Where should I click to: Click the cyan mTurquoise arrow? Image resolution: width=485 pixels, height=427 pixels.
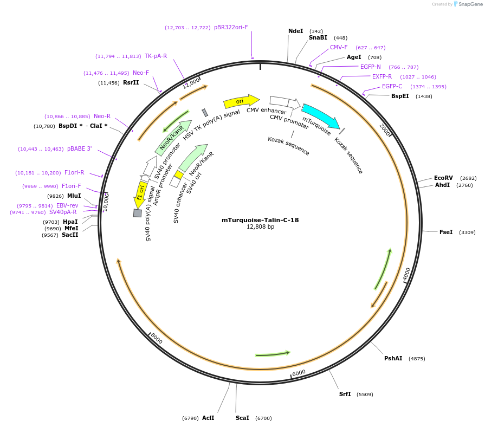321,115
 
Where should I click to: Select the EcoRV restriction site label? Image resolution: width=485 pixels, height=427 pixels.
443,178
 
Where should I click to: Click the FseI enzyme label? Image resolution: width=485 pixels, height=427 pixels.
446,232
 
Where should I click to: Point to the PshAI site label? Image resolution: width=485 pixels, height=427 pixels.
393,358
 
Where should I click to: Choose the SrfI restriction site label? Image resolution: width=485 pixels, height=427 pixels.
345,394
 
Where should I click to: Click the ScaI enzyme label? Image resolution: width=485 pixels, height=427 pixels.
242,418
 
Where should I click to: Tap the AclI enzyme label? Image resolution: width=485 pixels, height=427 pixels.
208,418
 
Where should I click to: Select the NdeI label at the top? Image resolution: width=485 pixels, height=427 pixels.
296,31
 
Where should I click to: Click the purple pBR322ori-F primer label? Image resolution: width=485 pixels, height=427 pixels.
231,27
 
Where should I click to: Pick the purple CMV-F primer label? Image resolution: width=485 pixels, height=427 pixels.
339,47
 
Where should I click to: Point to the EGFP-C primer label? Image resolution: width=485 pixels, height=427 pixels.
392,86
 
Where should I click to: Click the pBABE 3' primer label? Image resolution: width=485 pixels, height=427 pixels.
80,148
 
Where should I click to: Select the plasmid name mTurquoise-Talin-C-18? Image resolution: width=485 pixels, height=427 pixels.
260,220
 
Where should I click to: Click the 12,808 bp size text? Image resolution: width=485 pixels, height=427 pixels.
260,227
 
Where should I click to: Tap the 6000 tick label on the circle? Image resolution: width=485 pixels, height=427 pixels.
299,373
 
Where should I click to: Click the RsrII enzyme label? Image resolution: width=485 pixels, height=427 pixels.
131,82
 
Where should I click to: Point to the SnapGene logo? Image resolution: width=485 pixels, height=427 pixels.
467,4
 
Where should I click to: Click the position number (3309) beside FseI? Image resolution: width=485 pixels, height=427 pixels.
467,232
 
